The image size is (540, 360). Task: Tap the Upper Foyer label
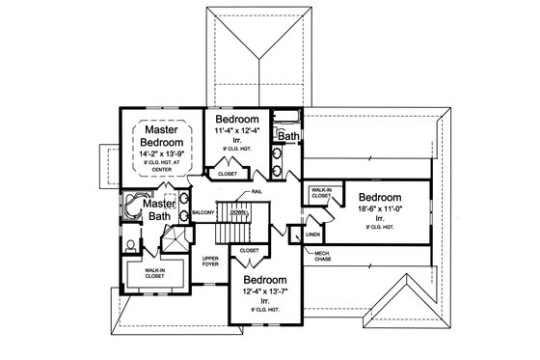211,263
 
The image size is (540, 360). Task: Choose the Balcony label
202,210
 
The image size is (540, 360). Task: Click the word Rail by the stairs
258,192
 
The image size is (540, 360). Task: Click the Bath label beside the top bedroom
288,138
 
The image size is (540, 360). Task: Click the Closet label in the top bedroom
229,175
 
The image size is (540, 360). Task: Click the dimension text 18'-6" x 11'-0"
384,206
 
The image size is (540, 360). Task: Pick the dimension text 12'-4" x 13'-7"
265,292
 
